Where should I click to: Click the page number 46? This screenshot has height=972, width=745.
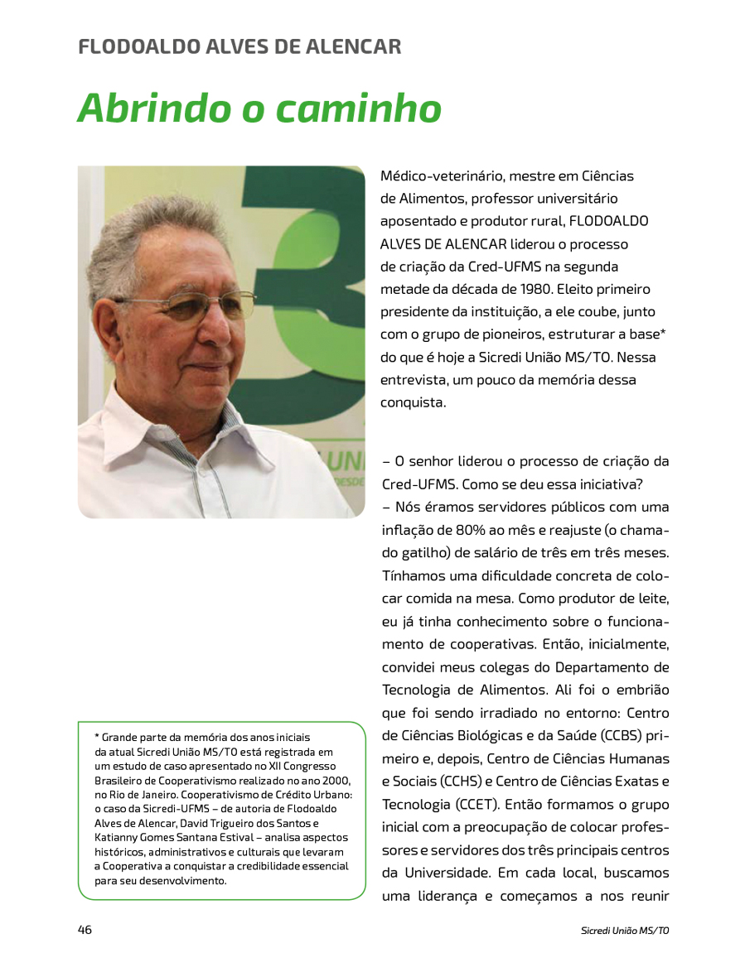pyautogui.click(x=85, y=930)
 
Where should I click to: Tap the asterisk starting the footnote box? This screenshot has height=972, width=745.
pyautogui.click(x=97, y=736)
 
